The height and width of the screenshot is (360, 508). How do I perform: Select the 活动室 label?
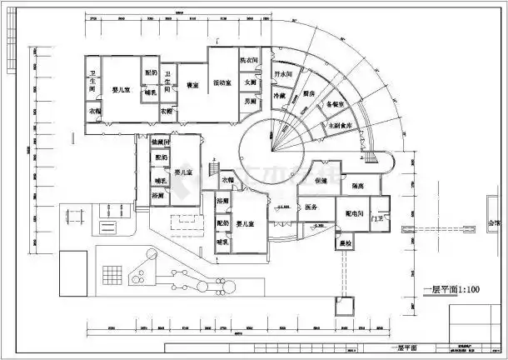pos(222,83)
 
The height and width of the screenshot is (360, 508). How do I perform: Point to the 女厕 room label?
pos(250,83)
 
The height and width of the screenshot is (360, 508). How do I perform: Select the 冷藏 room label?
pos(279,96)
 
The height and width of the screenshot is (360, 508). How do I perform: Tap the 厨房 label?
pos(308,93)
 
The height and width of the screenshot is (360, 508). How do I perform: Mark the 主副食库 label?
pos(342,124)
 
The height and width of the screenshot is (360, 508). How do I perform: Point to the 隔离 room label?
pos(361,187)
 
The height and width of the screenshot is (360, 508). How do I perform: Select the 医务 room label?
pos(311,207)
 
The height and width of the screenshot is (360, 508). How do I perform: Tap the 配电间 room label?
pos(357,214)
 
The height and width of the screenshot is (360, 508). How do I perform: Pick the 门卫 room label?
pos(380,218)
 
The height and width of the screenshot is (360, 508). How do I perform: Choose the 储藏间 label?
pos(161,142)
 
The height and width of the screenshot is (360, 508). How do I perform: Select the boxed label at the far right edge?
pos(495,224)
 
